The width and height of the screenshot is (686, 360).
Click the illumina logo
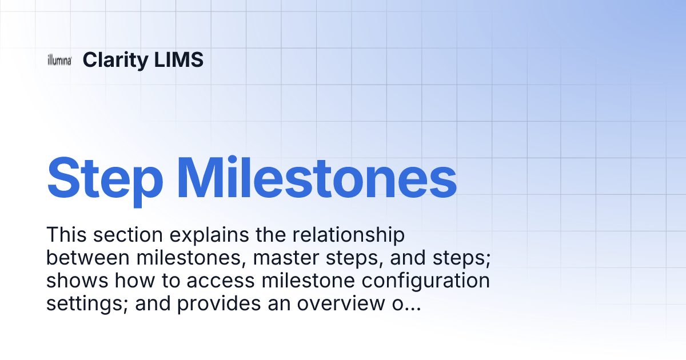coord(59,61)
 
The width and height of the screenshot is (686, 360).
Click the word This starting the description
coord(67,235)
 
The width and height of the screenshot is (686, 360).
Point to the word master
coord(288,258)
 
